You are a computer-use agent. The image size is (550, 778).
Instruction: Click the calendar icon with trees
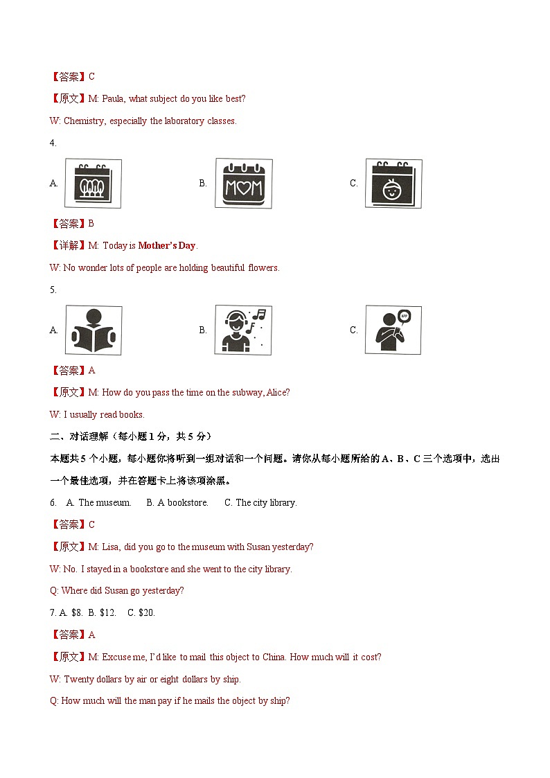93,184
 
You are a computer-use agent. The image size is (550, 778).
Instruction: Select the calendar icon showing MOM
243,184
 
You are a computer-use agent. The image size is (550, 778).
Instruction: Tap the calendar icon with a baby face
393,184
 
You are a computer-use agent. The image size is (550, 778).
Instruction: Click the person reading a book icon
93,330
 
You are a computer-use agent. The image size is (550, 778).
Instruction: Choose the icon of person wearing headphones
243,330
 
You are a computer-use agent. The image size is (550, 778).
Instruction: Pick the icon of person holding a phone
393,330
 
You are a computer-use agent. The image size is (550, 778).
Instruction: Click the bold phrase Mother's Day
167,245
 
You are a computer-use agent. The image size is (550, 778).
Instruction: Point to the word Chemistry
85,121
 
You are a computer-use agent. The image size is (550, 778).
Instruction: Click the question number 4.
53,143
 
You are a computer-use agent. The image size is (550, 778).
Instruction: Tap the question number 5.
53,290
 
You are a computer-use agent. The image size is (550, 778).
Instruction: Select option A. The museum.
98,502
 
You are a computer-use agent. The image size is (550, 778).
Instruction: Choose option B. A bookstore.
177,502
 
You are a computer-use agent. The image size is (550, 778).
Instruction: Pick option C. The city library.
260,502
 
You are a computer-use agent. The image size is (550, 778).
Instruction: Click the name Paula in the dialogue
114,98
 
